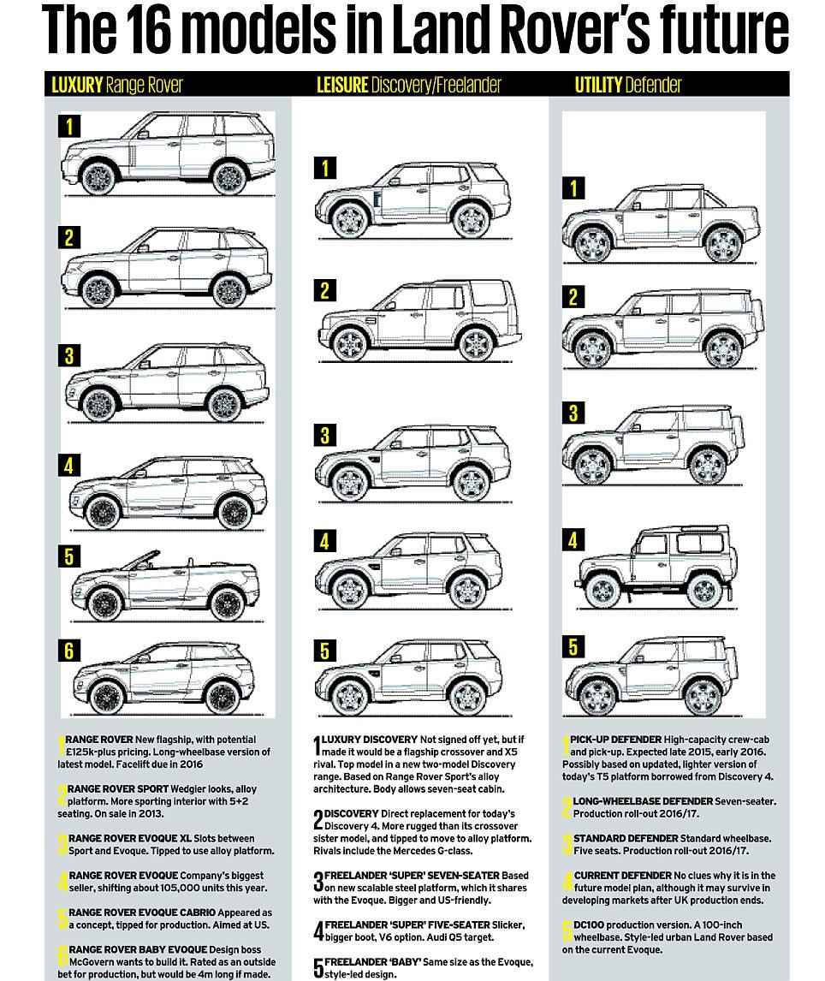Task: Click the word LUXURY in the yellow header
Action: coord(76,85)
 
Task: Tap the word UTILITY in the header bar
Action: coord(598,85)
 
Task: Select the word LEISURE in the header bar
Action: coord(342,85)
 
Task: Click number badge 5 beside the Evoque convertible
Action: coord(68,556)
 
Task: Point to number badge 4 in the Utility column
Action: coord(573,540)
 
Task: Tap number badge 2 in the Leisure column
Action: coord(324,291)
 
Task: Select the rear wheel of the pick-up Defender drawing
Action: coord(723,245)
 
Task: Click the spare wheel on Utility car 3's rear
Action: coord(738,436)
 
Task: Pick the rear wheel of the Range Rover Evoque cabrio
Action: coord(227,604)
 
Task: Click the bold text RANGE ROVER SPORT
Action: coord(117,789)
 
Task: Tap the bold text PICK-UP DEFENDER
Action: coord(615,740)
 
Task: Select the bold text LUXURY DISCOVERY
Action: coord(370,740)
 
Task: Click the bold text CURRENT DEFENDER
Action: coord(621,875)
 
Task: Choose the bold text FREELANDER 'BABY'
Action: coord(372,961)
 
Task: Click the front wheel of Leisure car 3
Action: coord(350,484)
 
